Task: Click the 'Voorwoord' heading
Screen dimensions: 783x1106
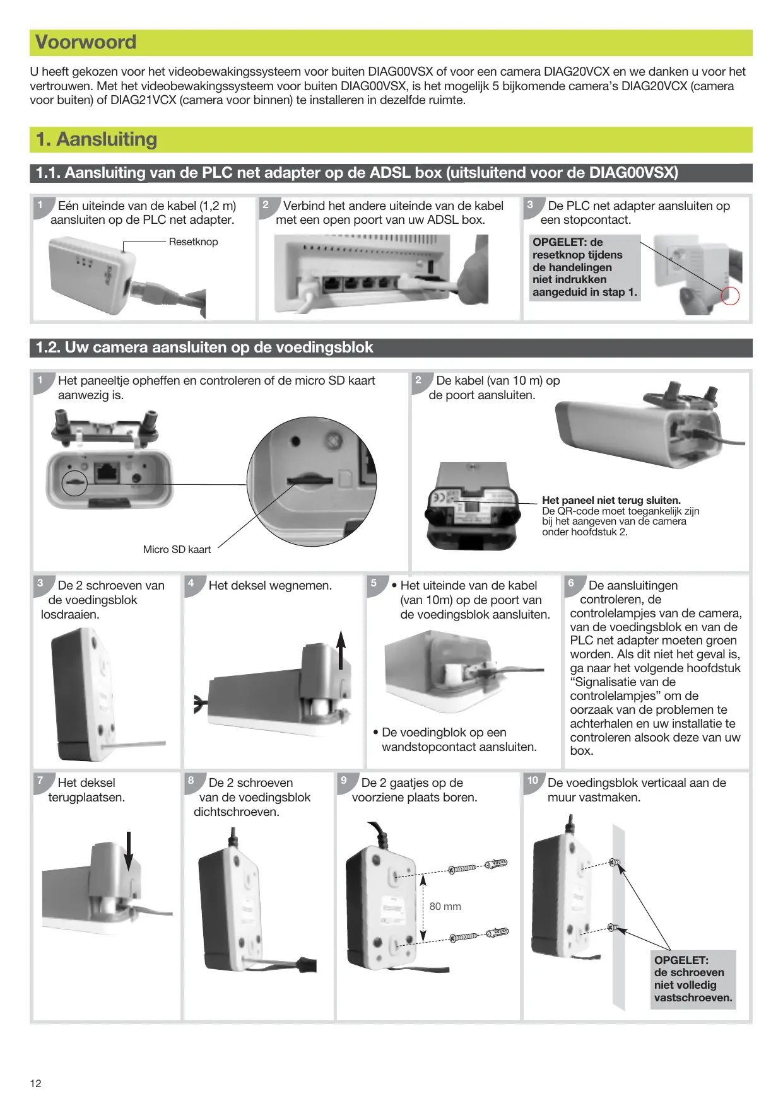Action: click(x=86, y=42)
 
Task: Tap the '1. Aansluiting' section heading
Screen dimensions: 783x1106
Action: click(x=97, y=139)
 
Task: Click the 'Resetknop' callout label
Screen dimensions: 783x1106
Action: click(x=193, y=242)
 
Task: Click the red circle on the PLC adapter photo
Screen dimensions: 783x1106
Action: click(x=729, y=296)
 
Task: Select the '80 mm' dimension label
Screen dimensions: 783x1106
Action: click(x=445, y=906)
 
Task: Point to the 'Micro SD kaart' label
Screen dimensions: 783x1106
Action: click(x=177, y=550)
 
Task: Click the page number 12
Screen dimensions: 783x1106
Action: click(x=35, y=1083)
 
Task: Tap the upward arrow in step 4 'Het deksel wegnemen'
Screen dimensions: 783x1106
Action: click(x=341, y=649)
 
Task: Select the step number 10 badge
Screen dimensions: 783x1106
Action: click(x=533, y=781)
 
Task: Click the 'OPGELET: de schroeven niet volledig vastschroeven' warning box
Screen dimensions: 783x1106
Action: click(x=693, y=979)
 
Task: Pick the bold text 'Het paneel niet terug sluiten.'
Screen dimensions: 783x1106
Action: click(x=611, y=501)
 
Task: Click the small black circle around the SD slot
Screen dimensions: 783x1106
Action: click(x=74, y=482)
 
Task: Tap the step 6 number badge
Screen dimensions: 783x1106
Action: click(x=571, y=583)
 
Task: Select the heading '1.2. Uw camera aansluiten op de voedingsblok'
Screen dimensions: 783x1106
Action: click(x=204, y=347)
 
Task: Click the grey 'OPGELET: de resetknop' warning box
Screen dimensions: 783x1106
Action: click(x=584, y=267)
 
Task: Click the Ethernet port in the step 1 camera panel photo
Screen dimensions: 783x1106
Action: click(x=107, y=471)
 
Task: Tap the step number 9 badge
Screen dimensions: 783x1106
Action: click(x=344, y=781)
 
